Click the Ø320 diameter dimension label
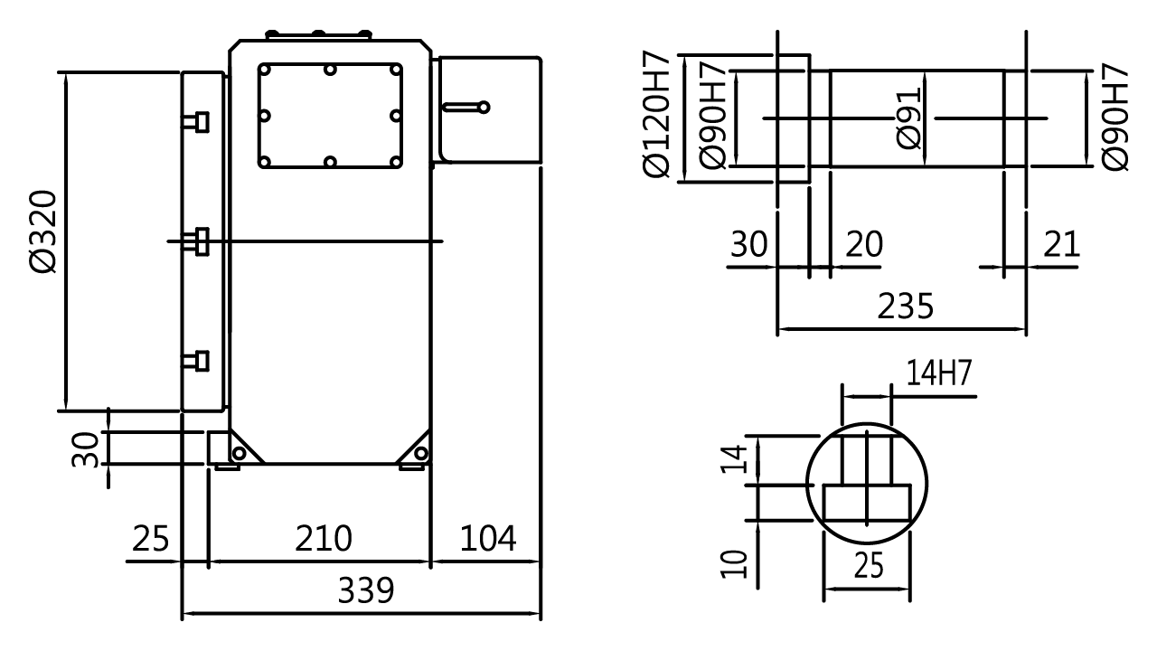pos(43,231)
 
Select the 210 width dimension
pos(324,539)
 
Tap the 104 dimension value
pos(487,539)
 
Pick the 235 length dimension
pos(904,307)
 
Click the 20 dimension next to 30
pos(862,244)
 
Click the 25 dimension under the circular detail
pos(867,565)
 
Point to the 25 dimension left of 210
pos(152,539)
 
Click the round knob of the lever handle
pos(484,107)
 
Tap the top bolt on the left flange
pos(196,121)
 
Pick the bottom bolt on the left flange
pos(196,361)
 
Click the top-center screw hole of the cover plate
pos(331,69)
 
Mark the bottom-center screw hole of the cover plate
pos(331,163)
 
